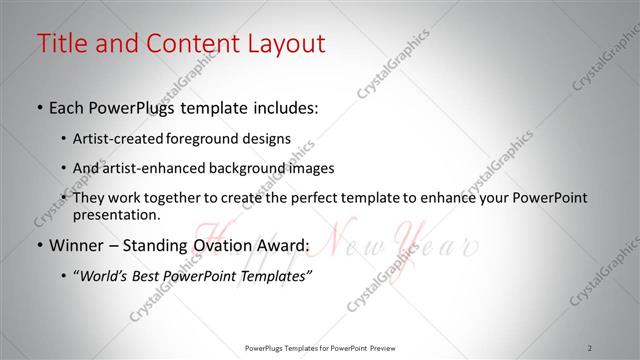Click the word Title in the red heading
click(61, 44)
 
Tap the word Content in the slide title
click(189, 44)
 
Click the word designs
click(269, 138)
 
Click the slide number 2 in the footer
click(591, 348)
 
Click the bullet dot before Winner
click(39, 246)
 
